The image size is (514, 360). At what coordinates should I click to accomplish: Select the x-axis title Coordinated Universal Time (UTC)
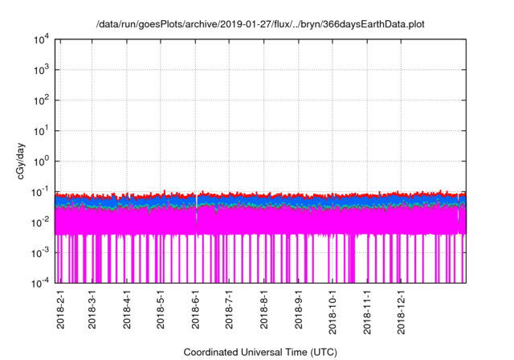point(260,352)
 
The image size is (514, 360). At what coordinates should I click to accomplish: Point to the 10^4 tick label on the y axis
point(40,39)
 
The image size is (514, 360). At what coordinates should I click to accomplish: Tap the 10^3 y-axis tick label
point(40,70)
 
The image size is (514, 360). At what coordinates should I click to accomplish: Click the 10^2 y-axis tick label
point(40,100)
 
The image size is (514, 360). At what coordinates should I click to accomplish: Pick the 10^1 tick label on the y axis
point(40,130)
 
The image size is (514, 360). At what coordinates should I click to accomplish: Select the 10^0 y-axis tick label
point(40,161)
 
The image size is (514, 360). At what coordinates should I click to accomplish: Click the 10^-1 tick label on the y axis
point(39,191)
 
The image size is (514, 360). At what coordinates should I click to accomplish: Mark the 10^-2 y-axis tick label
point(39,221)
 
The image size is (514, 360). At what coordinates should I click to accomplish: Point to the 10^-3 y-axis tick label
point(39,252)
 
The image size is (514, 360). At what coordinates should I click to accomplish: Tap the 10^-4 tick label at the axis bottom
point(39,282)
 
